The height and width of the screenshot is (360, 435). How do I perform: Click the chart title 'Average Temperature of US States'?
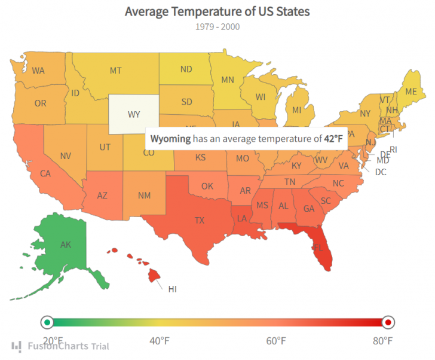(217, 11)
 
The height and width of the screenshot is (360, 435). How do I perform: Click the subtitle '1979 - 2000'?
(217, 26)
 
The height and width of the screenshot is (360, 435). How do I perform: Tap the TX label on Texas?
(200, 220)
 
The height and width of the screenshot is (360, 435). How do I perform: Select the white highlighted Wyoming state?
(134, 114)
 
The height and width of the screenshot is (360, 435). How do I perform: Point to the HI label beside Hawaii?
(173, 289)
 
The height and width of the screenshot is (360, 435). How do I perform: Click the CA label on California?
(45, 173)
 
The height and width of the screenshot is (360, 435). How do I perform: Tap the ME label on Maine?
(411, 91)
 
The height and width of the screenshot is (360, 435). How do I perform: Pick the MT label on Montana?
(116, 71)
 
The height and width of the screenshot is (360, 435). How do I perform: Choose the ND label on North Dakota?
(186, 69)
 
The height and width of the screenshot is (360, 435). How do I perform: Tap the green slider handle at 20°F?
(47, 323)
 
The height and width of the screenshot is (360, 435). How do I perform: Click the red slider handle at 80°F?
(388, 323)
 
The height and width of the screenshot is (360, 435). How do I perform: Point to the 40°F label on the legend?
(159, 341)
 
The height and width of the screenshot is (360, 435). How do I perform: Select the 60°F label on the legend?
(276, 341)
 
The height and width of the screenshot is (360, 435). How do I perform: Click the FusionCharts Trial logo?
(60, 346)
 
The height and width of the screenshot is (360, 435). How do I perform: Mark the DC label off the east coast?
(381, 172)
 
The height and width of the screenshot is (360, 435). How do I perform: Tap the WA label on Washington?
(38, 71)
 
